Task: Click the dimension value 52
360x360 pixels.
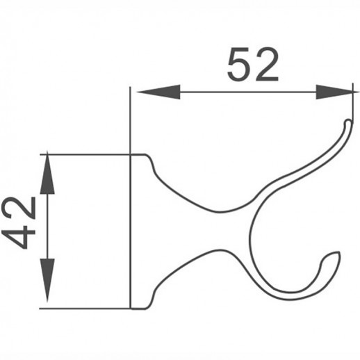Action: tap(253, 66)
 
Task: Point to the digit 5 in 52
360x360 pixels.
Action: tap(238, 66)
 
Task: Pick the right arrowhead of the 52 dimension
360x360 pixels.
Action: tap(334, 92)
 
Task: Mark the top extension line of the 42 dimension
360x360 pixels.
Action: tap(83, 153)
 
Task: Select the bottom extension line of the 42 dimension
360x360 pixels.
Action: tap(83, 307)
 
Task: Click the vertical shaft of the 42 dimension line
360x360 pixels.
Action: tap(47, 229)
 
